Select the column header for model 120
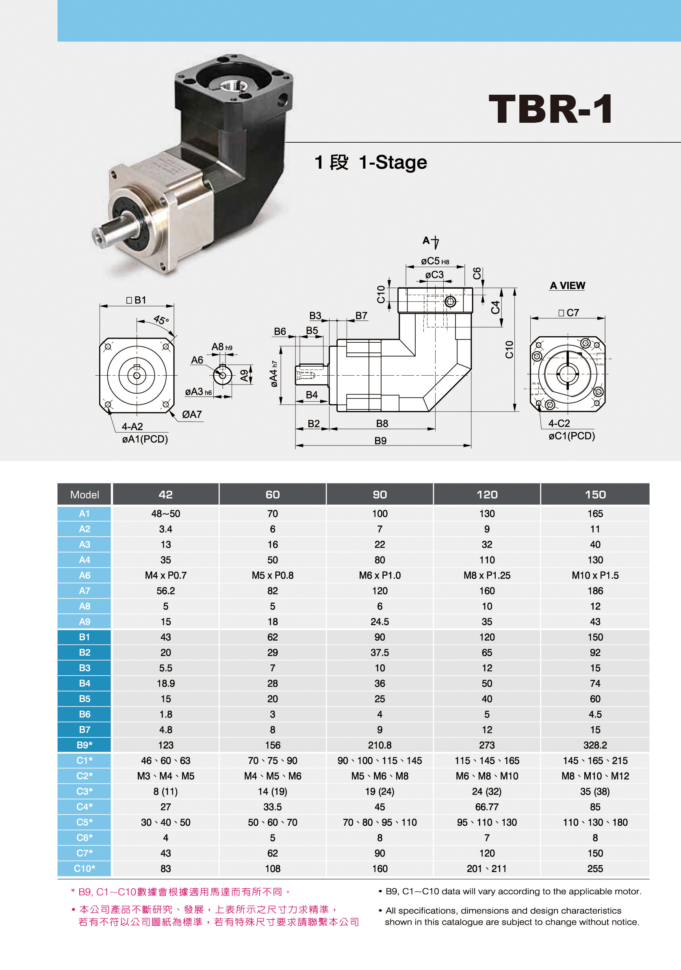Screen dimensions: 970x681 [487, 494]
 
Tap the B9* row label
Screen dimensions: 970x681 [85, 745]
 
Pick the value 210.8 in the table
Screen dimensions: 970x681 [380, 745]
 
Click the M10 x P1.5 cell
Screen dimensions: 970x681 [595, 575]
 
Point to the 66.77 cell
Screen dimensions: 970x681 [487, 807]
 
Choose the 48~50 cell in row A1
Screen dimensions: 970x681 [165, 513]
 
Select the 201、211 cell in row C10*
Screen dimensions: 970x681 [487, 868]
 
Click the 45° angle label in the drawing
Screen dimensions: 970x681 [161, 320]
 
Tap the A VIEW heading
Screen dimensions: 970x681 [567, 285]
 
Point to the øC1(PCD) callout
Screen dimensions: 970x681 [572, 435]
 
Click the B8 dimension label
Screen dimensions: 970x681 [382, 423]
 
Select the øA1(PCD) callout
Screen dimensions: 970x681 [145, 439]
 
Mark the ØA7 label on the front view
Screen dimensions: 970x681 [192, 414]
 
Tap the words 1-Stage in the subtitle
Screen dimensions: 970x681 [393, 162]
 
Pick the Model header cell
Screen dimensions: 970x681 [85, 494]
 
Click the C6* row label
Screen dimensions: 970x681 [85, 837]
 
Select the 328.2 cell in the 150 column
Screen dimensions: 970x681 [595, 745]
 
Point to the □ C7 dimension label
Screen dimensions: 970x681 [568, 313]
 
